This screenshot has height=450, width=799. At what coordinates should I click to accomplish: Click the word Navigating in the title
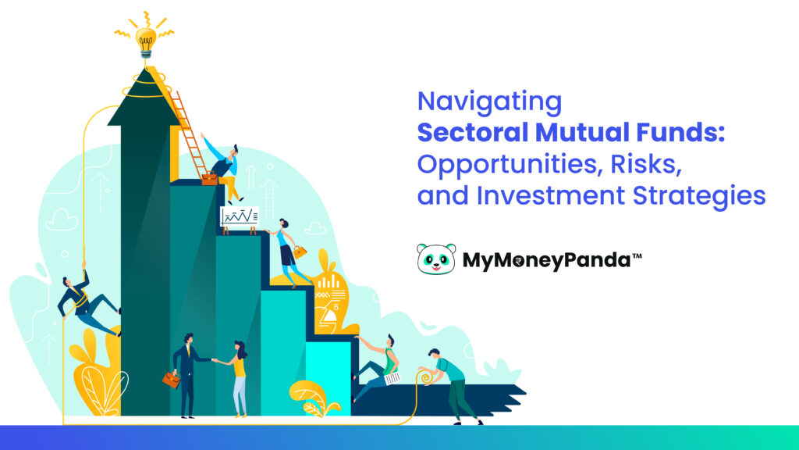pyautogui.click(x=489, y=102)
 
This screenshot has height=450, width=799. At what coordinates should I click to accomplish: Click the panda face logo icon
pyautogui.click(x=435, y=259)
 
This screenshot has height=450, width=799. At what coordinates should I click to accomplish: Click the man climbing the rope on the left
pyautogui.click(x=85, y=300)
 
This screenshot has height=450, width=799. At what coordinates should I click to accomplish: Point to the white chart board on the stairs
pyautogui.click(x=239, y=216)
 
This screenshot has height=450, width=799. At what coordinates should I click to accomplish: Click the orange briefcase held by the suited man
pyautogui.click(x=171, y=380)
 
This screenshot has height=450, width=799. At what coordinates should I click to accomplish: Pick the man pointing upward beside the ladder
pyautogui.click(x=224, y=166)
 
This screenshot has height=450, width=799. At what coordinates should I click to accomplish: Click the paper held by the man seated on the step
pyautogui.click(x=391, y=377)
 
